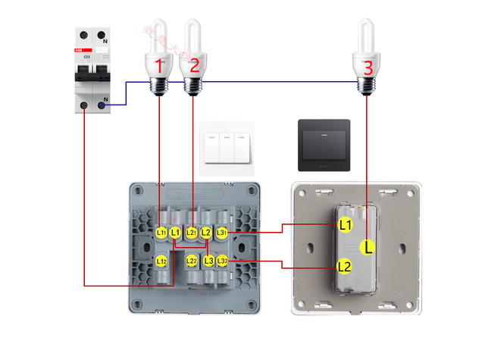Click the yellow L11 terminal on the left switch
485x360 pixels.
pos(161,232)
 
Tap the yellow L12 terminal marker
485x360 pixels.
pos(161,261)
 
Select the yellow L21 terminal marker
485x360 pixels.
pos(192,232)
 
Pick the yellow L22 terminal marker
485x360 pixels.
pos(192,261)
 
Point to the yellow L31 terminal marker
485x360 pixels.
pos(222,232)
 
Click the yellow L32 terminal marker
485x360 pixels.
pos(222,261)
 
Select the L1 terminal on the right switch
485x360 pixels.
pos(345,225)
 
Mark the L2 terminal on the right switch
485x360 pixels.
pos(345,267)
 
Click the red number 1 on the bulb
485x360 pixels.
pos(159,66)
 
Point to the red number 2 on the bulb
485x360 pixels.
pos(194,66)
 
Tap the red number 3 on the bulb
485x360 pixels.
pos(368,67)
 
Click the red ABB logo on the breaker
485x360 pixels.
pos(79,49)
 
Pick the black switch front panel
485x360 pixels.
pos(324,142)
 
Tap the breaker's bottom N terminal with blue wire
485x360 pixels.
pos(102,106)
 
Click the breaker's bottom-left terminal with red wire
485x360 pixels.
pos(83,106)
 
